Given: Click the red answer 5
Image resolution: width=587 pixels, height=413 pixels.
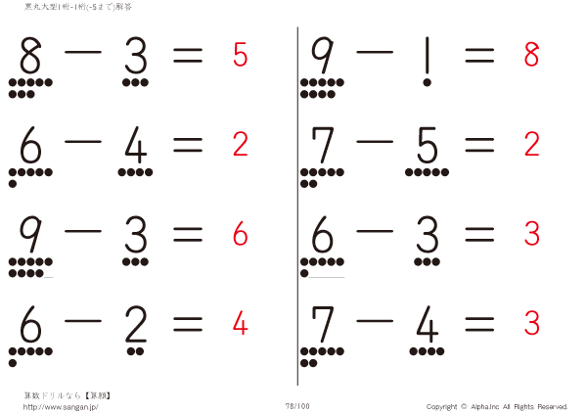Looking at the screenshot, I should [240, 56].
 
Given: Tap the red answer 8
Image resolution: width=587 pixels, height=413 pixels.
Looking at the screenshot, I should [531, 56].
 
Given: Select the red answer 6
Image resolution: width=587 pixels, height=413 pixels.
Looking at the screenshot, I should [240, 235].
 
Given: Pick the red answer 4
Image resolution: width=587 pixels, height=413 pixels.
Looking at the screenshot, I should [240, 322].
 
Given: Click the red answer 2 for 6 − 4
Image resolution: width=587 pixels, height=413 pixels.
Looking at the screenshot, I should [240, 145].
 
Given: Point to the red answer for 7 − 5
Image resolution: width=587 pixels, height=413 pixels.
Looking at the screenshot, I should [531, 145].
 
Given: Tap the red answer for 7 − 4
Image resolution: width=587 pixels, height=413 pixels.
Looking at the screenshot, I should [531, 322].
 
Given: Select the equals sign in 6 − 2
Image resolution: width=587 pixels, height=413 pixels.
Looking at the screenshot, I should [187, 323].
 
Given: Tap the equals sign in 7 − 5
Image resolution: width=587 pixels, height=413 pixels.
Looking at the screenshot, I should [479, 146].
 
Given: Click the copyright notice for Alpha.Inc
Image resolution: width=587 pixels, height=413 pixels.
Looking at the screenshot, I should [496, 406].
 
